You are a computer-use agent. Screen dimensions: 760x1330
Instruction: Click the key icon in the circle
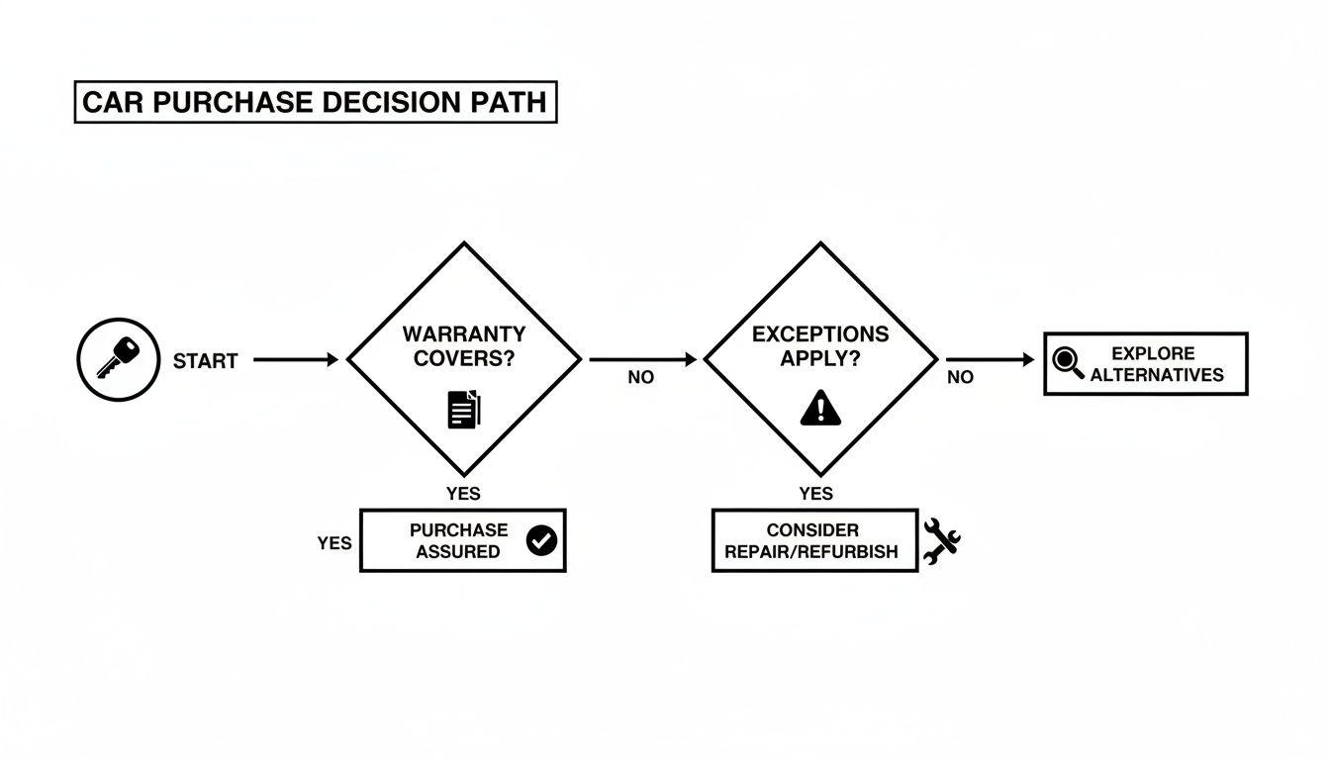tap(118, 359)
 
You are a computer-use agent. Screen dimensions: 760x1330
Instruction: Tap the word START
tap(205, 361)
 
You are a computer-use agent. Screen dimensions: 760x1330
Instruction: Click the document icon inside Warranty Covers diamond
tap(464, 409)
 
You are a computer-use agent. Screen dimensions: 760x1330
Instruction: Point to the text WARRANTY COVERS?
tap(464, 346)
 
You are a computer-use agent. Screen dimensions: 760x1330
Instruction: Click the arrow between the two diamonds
tap(642, 360)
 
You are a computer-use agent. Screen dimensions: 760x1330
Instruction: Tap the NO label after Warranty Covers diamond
tap(640, 378)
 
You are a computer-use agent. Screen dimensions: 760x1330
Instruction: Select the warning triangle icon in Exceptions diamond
tap(819, 408)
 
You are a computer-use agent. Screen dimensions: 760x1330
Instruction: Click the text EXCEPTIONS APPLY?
tap(819, 346)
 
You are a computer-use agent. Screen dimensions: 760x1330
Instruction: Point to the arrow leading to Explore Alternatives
tap(990, 360)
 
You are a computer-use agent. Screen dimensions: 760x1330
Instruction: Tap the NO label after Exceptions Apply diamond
tap(959, 377)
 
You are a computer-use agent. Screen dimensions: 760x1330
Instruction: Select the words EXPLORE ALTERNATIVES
tap(1156, 364)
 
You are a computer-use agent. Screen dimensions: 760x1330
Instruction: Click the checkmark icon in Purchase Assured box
tap(541, 540)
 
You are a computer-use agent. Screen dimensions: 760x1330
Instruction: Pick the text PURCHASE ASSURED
tap(458, 540)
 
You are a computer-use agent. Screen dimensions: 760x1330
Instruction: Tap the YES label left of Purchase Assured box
tap(334, 543)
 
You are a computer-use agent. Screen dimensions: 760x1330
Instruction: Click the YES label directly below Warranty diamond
tap(463, 494)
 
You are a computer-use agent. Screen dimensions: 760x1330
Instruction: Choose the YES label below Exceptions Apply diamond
tap(815, 494)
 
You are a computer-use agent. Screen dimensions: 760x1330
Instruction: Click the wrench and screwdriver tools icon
tap(941, 541)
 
